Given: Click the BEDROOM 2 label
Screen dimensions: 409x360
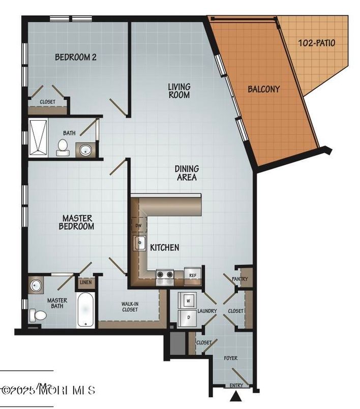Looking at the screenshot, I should (76, 57).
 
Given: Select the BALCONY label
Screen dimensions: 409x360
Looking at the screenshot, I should (263, 89).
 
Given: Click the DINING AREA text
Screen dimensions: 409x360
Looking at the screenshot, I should (187, 173).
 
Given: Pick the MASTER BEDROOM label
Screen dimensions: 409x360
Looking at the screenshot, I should (76, 222).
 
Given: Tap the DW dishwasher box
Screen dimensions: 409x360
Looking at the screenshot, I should (138, 225).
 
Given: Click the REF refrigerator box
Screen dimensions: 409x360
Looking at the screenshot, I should (193, 275).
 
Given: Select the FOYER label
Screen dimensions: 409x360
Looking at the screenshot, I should (231, 358).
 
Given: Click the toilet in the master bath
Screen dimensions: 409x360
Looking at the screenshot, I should (37, 316).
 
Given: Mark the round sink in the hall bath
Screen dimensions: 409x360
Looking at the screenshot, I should (84, 151).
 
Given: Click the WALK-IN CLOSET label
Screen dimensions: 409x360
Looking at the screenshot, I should (129, 306).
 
